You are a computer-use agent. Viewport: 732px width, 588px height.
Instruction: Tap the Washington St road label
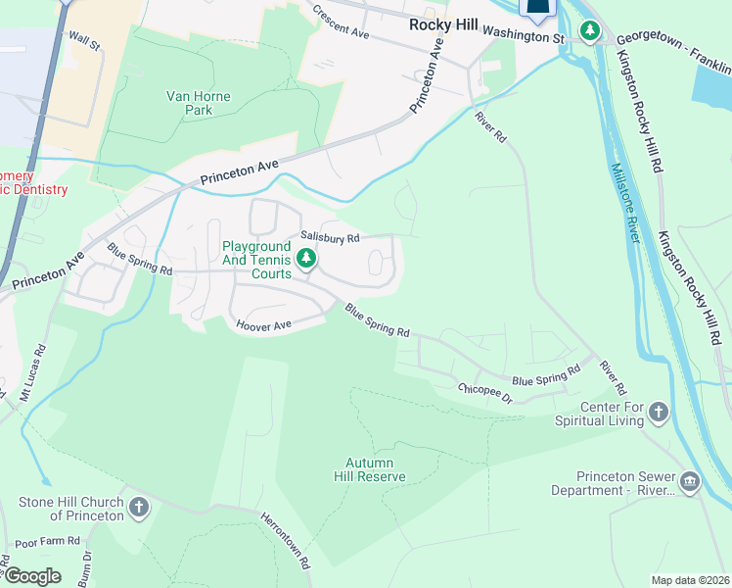point(525,34)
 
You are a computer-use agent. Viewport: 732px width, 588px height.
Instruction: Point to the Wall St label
point(84,41)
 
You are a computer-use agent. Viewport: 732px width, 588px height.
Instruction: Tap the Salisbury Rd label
point(330,237)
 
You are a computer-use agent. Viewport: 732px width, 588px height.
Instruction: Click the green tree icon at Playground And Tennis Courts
point(306,259)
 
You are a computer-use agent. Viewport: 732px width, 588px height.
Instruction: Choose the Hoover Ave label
point(263,325)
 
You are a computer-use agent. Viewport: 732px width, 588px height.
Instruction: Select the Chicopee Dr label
point(485,394)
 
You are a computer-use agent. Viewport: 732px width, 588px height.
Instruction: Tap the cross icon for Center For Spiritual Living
point(660,411)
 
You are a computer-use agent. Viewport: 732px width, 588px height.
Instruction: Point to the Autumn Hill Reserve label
point(376,469)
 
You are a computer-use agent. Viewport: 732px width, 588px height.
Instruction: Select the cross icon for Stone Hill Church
point(139,508)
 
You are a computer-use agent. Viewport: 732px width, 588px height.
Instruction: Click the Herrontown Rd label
point(285,540)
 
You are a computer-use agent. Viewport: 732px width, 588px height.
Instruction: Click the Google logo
point(31,575)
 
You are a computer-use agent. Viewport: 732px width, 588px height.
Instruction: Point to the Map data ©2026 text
point(690,580)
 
